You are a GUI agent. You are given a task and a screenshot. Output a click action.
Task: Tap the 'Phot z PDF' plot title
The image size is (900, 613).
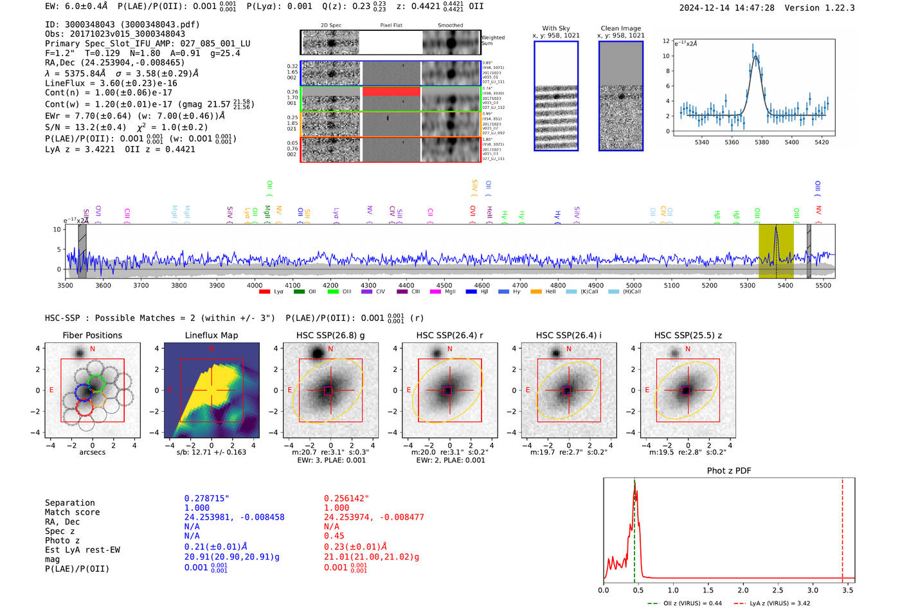click(728, 471)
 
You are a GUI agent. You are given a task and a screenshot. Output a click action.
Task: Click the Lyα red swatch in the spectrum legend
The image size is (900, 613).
click(264, 292)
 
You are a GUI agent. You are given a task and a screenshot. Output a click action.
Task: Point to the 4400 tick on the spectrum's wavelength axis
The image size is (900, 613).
click(406, 285)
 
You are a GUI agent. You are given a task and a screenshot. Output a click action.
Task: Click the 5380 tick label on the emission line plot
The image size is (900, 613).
click(761, 142)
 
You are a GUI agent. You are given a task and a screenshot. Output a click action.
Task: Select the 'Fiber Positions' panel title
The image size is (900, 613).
click(92, 335)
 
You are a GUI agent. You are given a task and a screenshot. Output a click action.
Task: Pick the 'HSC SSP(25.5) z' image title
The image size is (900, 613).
click(688, 335)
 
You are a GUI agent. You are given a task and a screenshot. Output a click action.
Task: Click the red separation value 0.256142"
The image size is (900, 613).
click(346, 499)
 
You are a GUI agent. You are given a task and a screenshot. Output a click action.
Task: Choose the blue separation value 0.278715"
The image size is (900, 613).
click(207, 499)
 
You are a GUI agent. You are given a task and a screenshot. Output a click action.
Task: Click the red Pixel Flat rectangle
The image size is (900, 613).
click(391, 92)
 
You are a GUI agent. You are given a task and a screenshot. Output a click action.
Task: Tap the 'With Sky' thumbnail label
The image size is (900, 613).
click(555, 28)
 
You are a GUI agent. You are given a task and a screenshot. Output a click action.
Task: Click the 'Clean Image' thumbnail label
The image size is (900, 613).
click(620, 28)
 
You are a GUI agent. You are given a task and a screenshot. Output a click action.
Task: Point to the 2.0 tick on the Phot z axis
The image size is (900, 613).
click(742, 590)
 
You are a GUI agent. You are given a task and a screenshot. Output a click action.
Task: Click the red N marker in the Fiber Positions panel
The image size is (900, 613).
click(93, 349)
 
